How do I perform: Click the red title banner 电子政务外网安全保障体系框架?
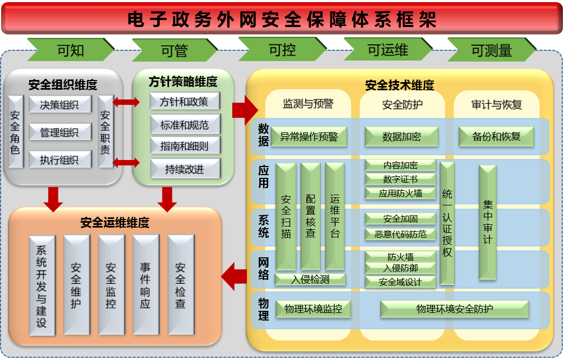(x=282, y=18)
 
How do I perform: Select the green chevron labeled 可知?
(x=70, y=50)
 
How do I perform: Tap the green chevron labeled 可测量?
(x=491, y=50)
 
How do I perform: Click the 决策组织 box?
(x=59, y=104)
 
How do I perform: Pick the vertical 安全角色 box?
(x=15, y=131)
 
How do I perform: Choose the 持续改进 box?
(x=185, y=169)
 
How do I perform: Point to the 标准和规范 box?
(x=185, y=125)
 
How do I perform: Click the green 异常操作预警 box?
(x=309, y=137)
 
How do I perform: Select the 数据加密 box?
(x=401, y=137)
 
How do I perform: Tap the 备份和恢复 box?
(x=496, y=137)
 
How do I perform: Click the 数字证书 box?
(x=400, y=179)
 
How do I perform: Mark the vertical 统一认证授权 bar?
(x=447, y=223)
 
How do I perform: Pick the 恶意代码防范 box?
(x=400, y=234)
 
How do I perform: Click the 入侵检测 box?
(x=310, y=279)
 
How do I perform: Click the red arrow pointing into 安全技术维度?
(x=245, y=110)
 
